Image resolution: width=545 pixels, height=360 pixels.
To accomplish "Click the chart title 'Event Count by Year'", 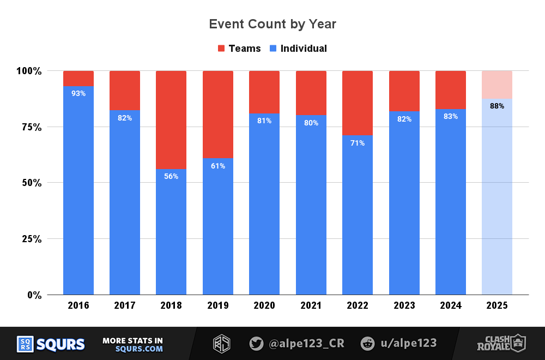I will pos(272,24).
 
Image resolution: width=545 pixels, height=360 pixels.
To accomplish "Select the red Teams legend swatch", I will pos(221,49).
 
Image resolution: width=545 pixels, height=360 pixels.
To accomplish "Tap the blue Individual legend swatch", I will pos(274,49).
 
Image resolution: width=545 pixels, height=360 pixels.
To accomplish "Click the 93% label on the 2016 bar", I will pos(78,93).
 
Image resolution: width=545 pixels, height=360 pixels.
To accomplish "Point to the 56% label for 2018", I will pos(171,176).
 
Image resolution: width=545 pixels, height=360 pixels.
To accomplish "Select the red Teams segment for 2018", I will pos(171,119).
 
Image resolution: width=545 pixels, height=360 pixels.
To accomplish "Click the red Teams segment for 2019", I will pos(218,114).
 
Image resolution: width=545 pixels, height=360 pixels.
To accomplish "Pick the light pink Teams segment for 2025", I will pos(497,85).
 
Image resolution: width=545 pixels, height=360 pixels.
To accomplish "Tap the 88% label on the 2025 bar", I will pos(497,106).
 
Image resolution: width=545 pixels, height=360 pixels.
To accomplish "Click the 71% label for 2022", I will pos(358,143).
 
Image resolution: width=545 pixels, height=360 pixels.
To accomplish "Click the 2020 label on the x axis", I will pos(264,305).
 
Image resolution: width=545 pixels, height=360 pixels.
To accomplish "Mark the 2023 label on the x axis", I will pos(404,305).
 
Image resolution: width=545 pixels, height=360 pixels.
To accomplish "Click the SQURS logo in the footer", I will pos(51,344).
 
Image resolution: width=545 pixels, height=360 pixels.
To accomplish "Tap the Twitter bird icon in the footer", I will pos(256,344).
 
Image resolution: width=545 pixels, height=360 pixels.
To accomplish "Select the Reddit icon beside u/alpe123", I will pos(368,344).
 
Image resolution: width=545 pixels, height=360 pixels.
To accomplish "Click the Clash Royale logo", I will pos(499,343).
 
